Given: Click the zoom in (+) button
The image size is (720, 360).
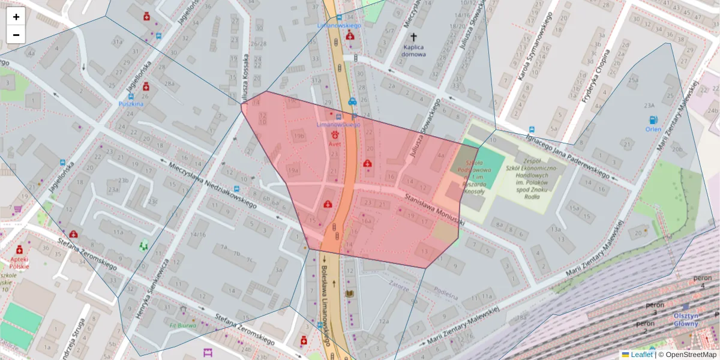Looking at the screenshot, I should [16, 17].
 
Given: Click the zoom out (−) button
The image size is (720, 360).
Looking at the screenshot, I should [16, 35].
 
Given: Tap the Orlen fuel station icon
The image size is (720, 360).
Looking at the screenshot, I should [653, 120].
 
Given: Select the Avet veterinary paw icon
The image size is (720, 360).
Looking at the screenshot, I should [334, 136].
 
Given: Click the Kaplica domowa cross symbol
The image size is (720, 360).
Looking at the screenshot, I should [413, 38].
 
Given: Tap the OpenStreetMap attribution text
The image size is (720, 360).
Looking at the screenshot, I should [690, 355].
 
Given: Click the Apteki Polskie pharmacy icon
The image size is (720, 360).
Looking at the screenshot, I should [19, 249].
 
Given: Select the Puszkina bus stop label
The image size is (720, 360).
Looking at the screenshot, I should [131, 103].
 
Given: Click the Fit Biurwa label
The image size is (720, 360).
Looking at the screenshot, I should [183, 326].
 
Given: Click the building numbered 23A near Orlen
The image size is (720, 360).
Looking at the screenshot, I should [649, 106].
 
